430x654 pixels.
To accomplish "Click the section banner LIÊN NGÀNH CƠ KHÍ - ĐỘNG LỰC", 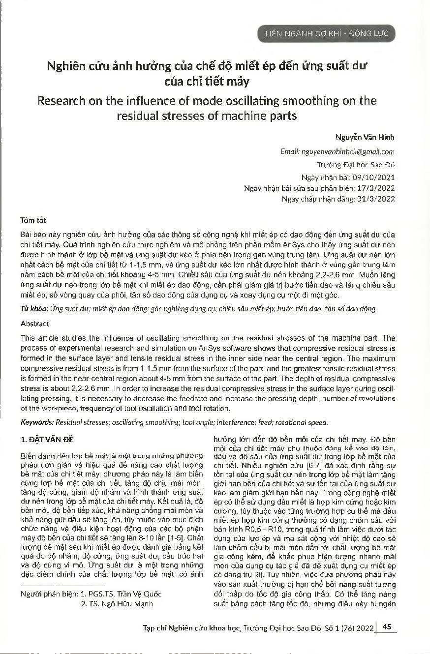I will (326, 33).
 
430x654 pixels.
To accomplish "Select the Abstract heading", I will (35, 324).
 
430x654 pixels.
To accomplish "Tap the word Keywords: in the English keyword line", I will (37, 422).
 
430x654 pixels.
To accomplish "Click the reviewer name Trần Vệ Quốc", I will (143, 594).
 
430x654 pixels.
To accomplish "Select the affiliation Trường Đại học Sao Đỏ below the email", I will (356, 165).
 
